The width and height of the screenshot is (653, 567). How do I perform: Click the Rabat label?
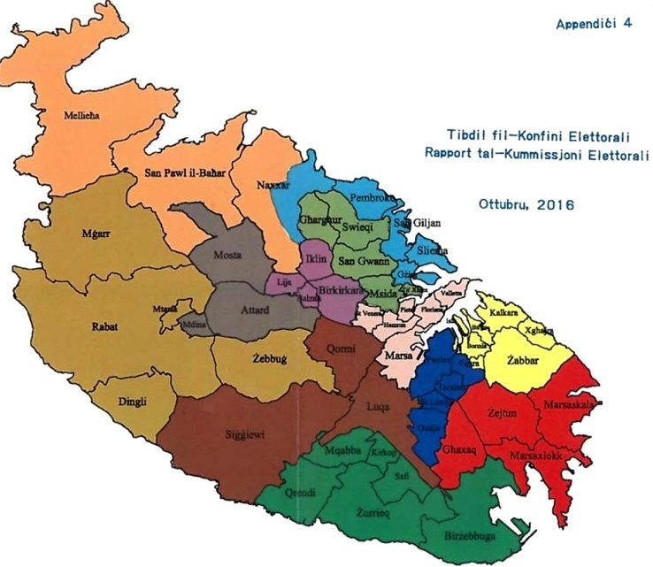tap(105, 324)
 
